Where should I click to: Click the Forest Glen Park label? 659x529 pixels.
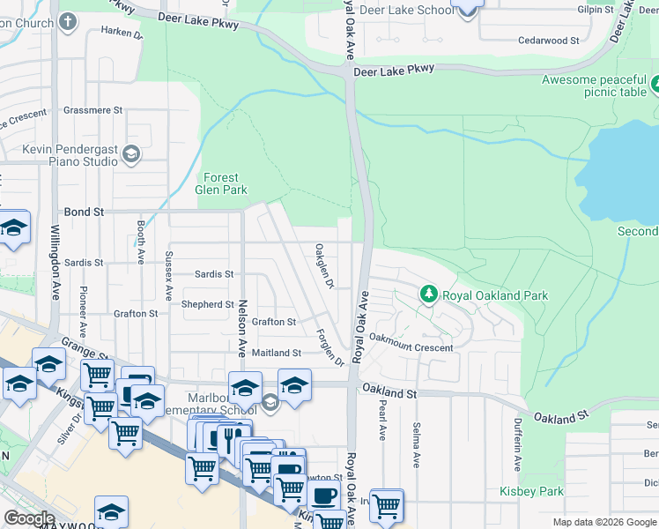(220, 183)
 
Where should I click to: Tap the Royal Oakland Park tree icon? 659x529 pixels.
(428, 294)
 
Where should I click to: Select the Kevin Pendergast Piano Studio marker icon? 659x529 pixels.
(131, 155)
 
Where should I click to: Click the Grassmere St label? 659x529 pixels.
(93, 110)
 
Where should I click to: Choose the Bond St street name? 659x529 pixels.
(85, 212)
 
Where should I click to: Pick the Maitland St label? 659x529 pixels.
(277, 353)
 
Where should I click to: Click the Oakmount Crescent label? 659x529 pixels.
(411, 347)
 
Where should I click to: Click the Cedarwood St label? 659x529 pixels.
(548, 41)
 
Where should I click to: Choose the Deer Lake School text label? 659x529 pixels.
(396, 11)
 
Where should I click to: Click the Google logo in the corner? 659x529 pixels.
(29, 518)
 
